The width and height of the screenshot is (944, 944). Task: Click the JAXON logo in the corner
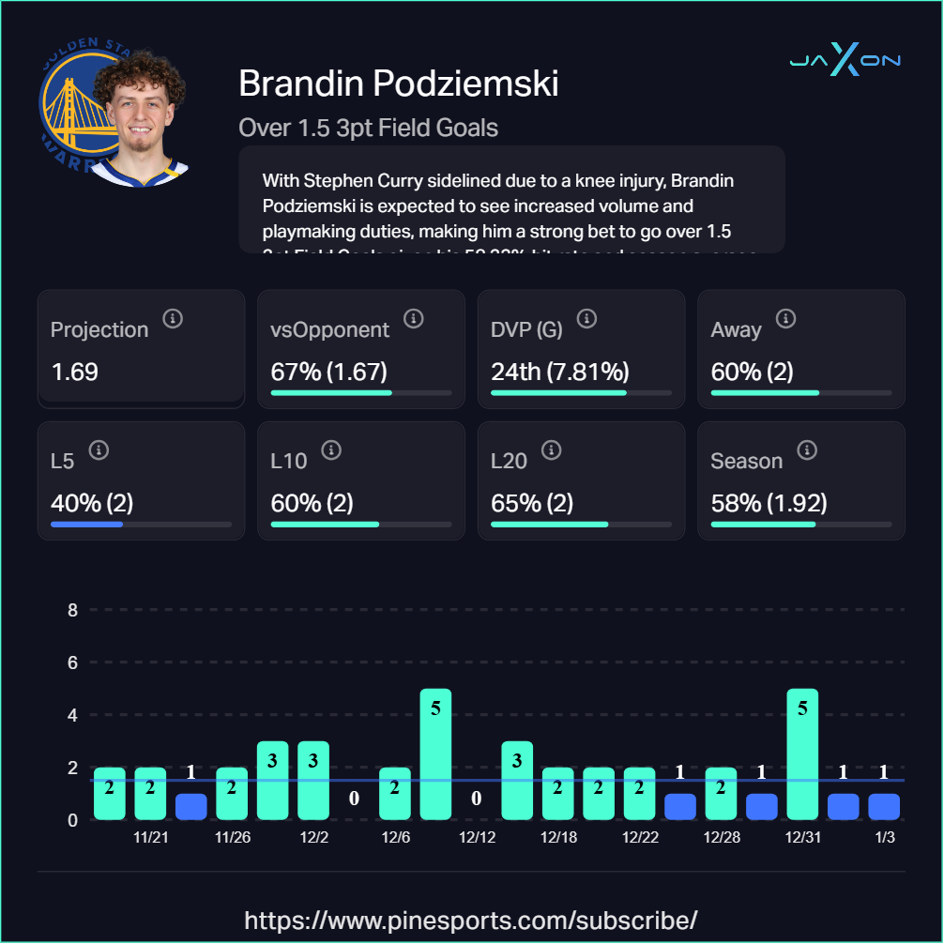click(x=845, y=62)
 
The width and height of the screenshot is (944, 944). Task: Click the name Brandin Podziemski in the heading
click(x=399, y=84)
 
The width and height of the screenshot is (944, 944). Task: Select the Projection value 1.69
click(x=75, y=372)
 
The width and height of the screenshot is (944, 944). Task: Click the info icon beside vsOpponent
click(x=413, y=319)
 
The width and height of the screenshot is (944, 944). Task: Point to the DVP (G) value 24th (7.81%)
click(x=559, y=372)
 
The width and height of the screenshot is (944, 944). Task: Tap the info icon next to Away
click(x=786, y=319)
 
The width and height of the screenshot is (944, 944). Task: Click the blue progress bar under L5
click(x=87, y=525)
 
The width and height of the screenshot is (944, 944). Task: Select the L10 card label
click(x=289, y=461)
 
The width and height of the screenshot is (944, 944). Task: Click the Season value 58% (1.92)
click(x=769, y=503)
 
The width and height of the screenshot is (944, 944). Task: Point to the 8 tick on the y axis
click(x=72, y=610)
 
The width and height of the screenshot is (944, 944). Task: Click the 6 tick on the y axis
click(x=72, y=662)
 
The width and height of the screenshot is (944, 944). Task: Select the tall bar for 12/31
click(x=802, y=754)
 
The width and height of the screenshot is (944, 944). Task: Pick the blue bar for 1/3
click(x=884, y=807)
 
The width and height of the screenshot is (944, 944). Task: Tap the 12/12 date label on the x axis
click(x=477, y=837)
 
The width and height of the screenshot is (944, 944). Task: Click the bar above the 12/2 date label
click(x=313, y=781)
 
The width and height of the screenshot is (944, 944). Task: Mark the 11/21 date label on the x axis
click(x=151, y=837)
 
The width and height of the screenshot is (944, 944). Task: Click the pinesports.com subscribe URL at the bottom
click(x=471, y=919)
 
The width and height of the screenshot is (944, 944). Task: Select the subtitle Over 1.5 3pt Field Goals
click(x=368, y=128)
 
